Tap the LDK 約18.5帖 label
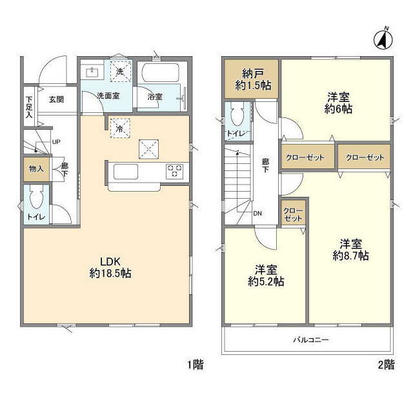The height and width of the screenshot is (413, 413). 110,268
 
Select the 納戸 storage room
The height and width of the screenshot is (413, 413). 252,79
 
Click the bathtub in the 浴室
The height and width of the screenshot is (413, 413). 161,72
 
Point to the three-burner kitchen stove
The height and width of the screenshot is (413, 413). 174,172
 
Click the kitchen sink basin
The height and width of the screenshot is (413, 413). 125,172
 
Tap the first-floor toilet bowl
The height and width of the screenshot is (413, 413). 36,198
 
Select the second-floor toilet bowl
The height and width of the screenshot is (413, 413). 237,115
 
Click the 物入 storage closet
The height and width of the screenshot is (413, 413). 36,169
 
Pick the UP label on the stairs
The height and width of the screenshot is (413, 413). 56,142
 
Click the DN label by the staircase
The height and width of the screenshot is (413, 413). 257,214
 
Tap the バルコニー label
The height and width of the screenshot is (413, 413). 311,340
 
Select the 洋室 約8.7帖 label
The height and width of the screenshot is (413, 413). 350,250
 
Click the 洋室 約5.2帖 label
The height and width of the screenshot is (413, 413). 266,276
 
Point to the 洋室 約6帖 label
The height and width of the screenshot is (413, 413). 338,103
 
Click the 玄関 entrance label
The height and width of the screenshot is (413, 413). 56,99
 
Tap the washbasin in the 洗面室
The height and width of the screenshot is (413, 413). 92,72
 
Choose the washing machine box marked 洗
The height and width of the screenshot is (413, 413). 121,72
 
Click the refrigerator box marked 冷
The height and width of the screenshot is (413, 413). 120,128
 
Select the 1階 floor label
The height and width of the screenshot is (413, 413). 195,365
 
